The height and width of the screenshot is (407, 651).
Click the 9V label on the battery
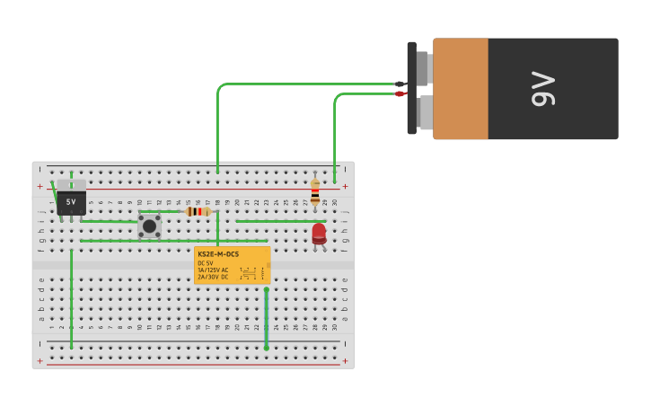(544, 88)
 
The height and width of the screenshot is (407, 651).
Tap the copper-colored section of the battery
(461, 88)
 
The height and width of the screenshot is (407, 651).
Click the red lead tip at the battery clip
(400, 93)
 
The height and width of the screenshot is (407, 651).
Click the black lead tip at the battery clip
(400, 84)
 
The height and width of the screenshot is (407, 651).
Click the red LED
(319, 234)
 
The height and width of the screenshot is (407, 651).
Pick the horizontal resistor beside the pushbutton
(198, 211)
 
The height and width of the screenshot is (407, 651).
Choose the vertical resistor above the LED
(314, 192)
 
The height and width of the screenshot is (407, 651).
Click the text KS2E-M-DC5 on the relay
(218, 254)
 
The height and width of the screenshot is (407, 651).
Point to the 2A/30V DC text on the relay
(213, 278)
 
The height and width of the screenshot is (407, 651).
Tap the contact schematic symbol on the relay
(251, 272)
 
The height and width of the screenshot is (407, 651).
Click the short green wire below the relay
(266, 318)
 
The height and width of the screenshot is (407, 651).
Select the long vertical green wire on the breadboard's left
(72, 296)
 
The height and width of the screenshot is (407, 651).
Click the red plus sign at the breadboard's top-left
(40, 187)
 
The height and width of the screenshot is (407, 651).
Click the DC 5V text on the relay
(206, 263)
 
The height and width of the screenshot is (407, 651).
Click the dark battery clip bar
(411, 88)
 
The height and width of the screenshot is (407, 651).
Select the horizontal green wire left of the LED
(278, 221)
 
